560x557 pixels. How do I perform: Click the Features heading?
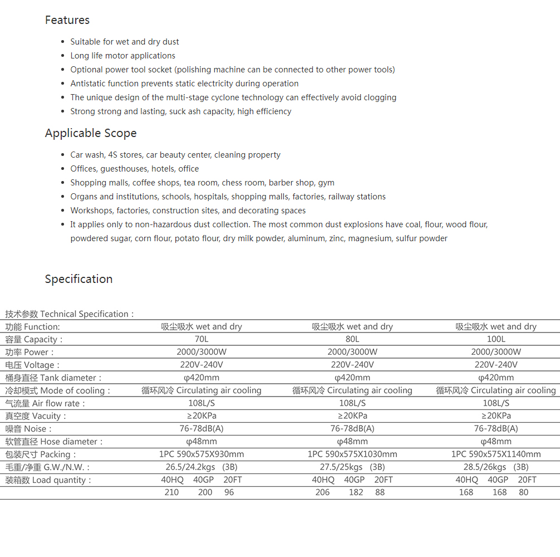[67, 20]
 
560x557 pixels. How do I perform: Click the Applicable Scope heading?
[91, 133]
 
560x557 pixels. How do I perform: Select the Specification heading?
[78, 279]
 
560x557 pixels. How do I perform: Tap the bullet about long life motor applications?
[122, 56]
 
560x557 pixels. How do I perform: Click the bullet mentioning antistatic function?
[184, 84]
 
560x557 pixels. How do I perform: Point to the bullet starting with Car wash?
[175, 155]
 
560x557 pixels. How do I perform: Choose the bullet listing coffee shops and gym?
[202, 183]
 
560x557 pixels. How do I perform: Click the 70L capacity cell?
[202, 339]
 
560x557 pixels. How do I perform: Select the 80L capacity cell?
[352, 339]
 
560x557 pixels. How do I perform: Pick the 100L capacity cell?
[496, 339]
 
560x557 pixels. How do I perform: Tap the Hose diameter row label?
[55, 442]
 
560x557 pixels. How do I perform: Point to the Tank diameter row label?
[54, 378]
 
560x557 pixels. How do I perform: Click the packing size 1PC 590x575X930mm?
[202, 455]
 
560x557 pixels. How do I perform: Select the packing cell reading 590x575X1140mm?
[496, 455]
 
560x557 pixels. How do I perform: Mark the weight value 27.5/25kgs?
[341, 467]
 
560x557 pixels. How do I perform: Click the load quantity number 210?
[172, 492]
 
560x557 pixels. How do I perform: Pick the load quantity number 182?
[356, 492]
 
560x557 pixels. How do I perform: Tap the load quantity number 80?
[524, 492]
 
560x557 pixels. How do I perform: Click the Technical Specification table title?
[70, 314]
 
